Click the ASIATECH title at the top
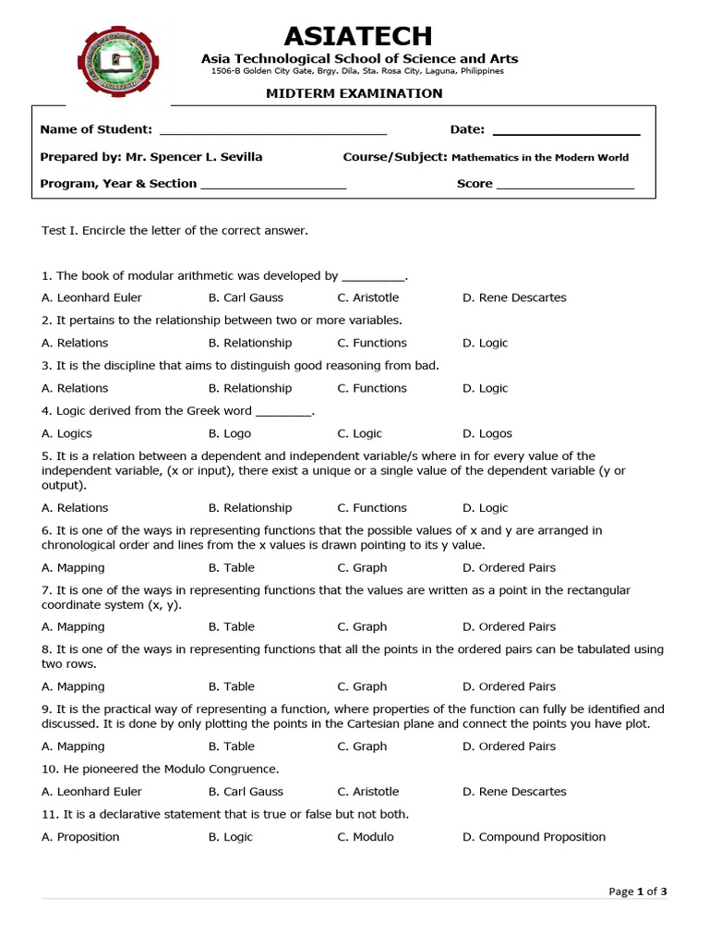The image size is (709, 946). point(358,37)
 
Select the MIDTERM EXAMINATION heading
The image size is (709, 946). point(354,93)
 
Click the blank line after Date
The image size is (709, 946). point(566,131)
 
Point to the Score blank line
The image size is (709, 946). point(565,185)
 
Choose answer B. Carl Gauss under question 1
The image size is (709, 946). point(246,297)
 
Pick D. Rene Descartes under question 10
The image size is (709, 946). point(514,792)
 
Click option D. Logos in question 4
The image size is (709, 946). point(487,433)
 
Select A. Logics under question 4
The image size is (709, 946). point(67,433)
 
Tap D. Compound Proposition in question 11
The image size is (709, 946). point(534,837)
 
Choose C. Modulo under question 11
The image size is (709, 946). point(366,837)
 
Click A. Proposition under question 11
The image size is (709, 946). point(81,837)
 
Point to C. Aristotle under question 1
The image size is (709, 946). point(368,297)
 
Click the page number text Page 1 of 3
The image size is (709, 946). point(637,891)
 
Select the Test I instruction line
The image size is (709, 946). point(174,230)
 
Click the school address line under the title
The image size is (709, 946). point(357,71)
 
